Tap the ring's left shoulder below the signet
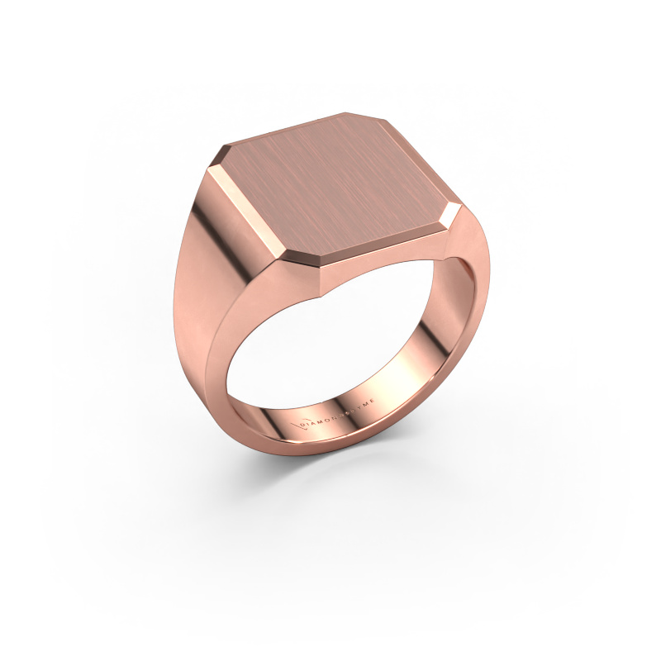point(202,273)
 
